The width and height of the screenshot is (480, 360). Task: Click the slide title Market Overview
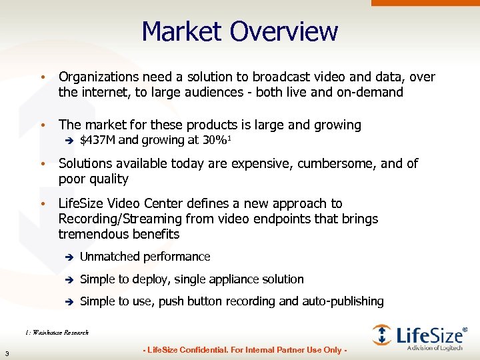tap(240, 32)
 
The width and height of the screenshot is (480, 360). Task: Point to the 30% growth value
tap(215, 141)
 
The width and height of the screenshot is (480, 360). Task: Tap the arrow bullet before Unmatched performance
tap(67, 257)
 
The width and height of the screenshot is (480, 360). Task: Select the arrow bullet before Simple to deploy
tap(67, 280)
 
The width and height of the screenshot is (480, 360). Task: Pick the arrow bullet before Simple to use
tap(67, 302)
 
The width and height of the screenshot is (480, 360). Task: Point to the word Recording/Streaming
tap(119, 219)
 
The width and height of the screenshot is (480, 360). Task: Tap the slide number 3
tap(6, 353)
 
